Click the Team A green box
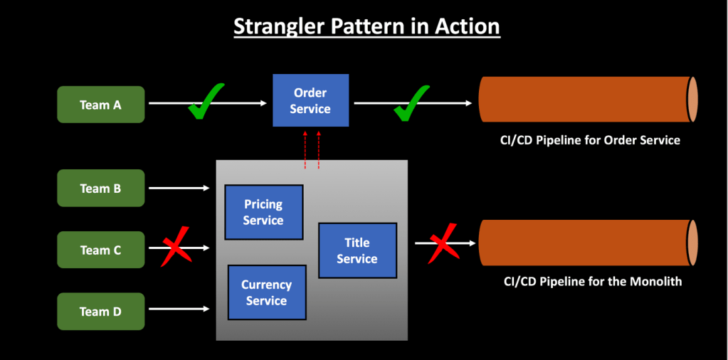100,105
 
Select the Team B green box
100,189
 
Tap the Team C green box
100,250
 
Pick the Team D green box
100,312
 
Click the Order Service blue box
311,100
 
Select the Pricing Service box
263,211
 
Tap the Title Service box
357,250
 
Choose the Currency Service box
267,292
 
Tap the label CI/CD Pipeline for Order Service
590,140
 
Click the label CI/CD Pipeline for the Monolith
592,282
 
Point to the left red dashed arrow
305,150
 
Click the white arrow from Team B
178,189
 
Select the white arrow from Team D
178,309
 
